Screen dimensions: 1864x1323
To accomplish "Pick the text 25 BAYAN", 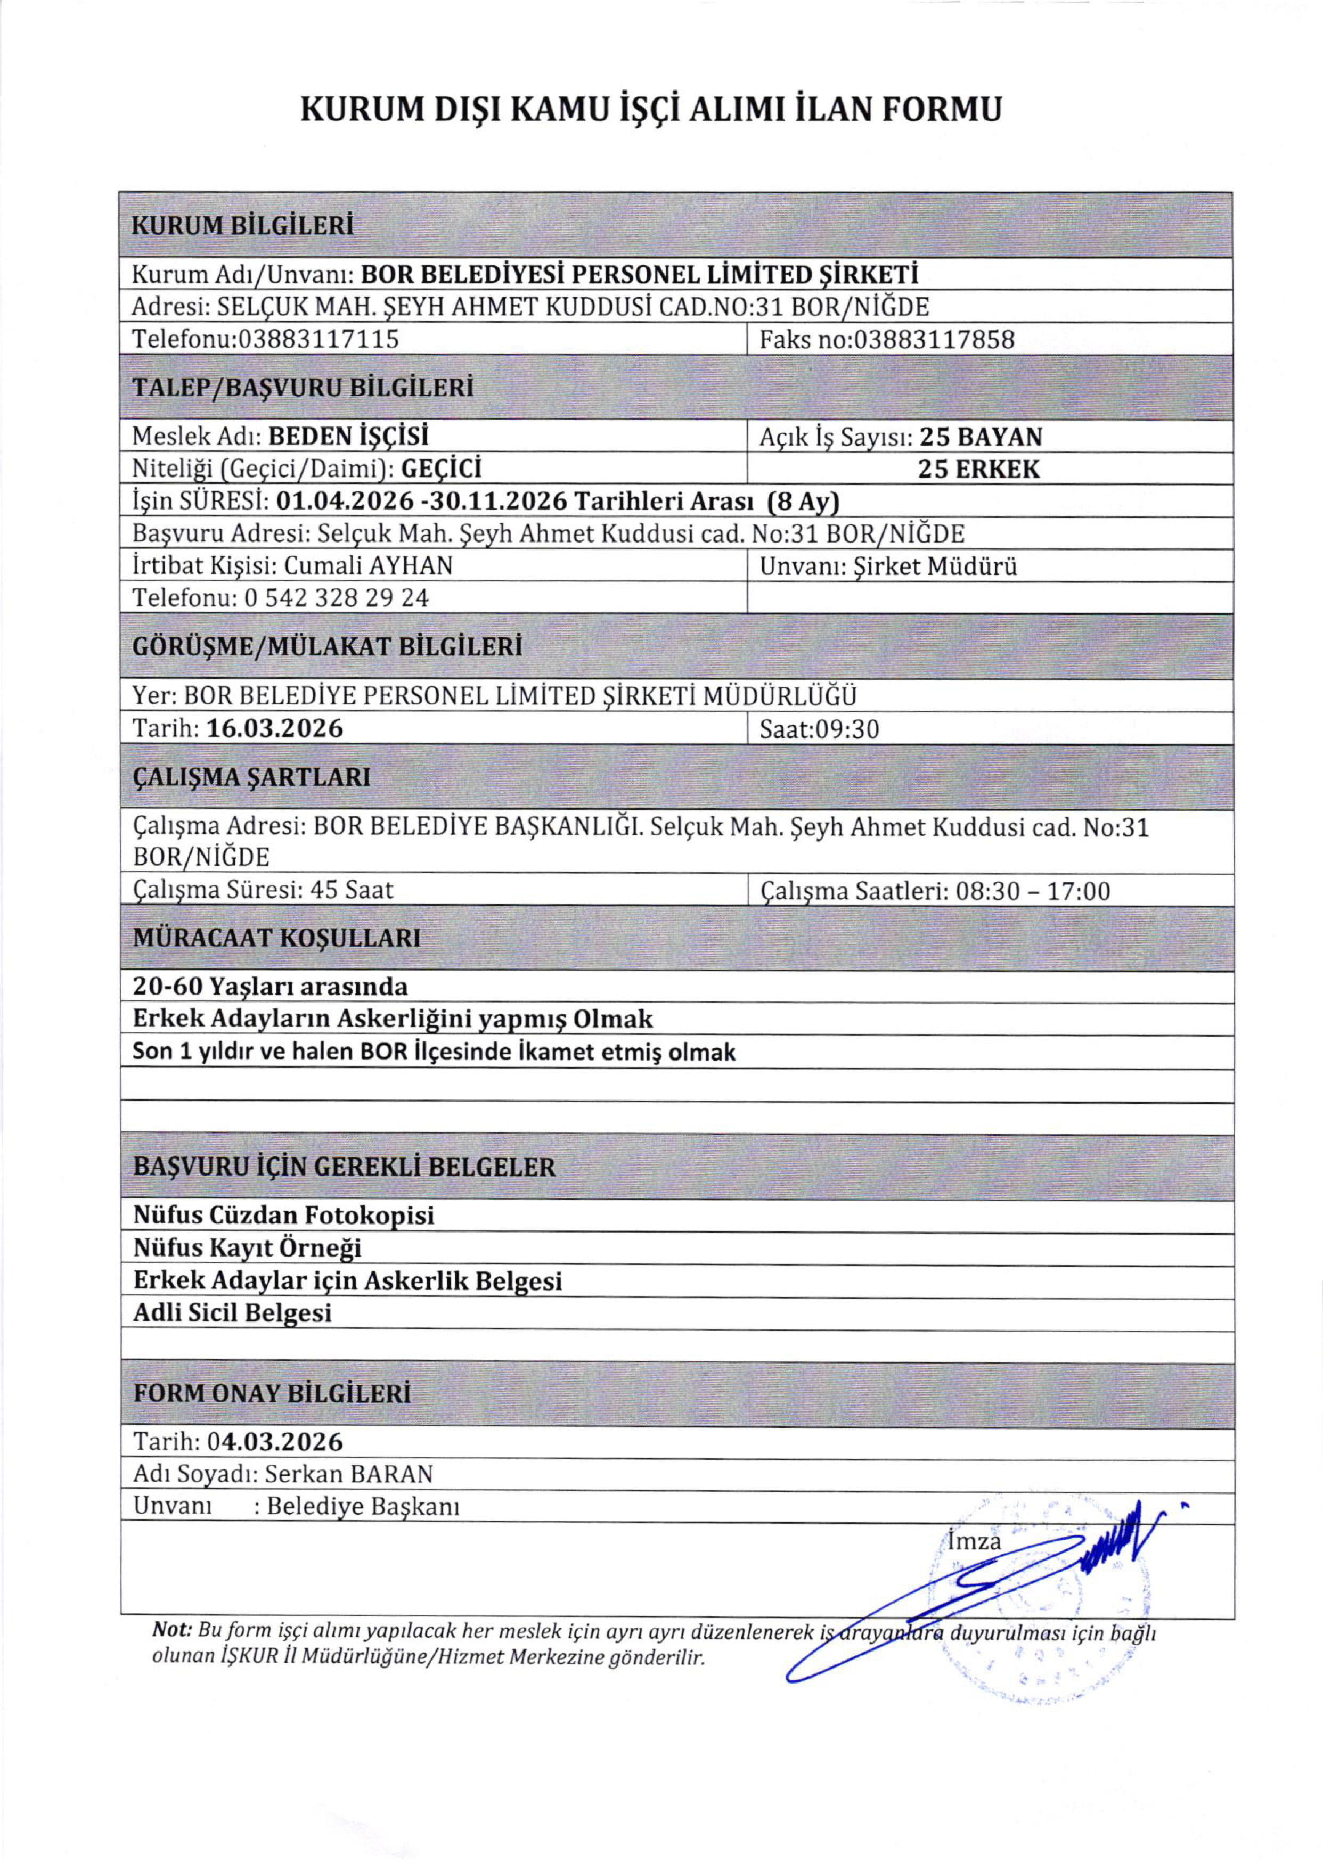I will click(981, 437).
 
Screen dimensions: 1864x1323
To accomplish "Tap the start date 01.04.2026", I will click(345, 502).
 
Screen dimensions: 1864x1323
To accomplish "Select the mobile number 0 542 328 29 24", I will click(337, 598).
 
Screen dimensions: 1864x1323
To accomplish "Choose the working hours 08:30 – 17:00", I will click(1033, 891).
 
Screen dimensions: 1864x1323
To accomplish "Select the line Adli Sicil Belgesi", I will click(232, 1313).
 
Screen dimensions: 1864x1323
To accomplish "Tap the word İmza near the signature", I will click(974, 1541).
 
